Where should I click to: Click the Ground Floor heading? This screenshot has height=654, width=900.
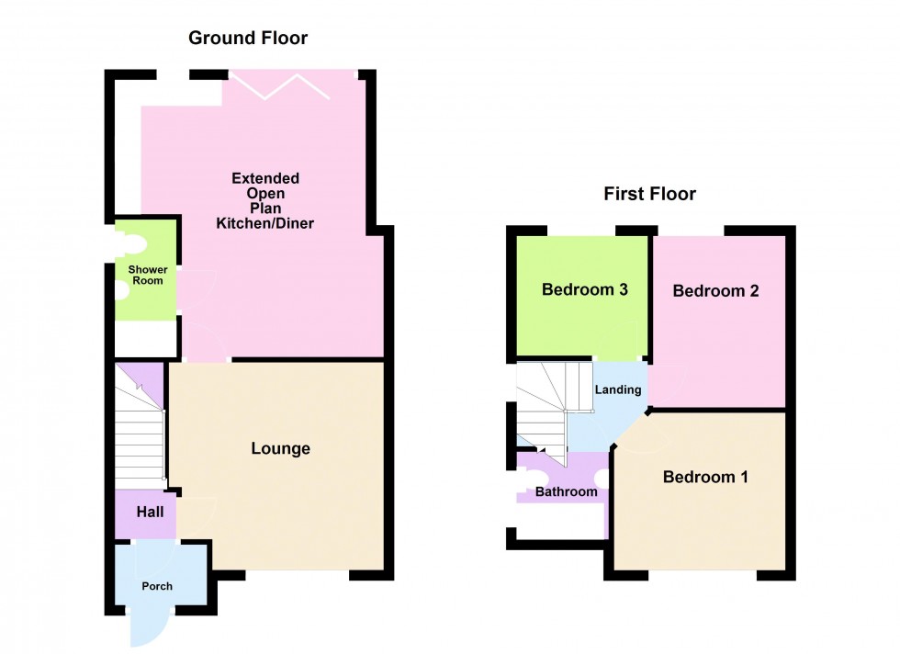(x=248, y=38)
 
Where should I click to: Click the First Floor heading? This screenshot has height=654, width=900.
(x=649, y=194)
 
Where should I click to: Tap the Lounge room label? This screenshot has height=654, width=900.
(x=281, y=448)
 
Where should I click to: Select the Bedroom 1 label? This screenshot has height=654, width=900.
(x=705, y=477)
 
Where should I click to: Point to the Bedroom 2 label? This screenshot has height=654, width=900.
(x=715, y=291)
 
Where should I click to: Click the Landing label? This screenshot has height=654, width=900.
(x=618, y=389)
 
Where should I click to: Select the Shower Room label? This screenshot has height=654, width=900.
(x=146, y=275)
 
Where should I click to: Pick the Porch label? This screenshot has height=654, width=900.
(x=156, y=586)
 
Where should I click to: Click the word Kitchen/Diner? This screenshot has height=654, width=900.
(x=264, y=223)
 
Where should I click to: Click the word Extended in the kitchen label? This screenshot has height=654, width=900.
(x=264, y=178)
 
